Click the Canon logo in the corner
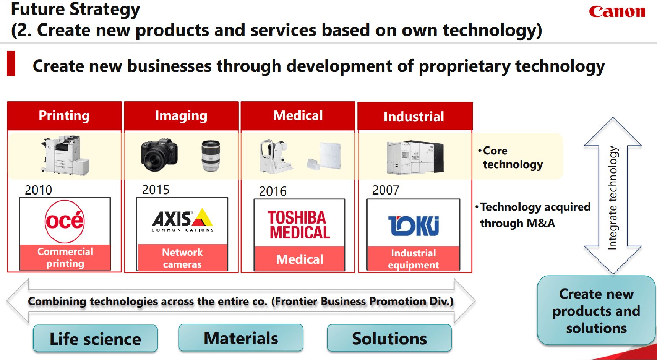pyautogui.click(x=617, y=11)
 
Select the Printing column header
pyautogui.click(x=64, y=115)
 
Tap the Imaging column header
pyautogui.click(x=181, y=115)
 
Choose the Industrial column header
pyautogui.click(x=414, y=116)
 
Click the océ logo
pyautogui.click(x=65, y=221)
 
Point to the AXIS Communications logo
pyautogui.click(x=182, y=220)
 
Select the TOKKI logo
pyautogui.click(x=414, y=225)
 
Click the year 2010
pyautogui.click(x=38, y=190)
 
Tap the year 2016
pyautogui.click(x=273, y=191)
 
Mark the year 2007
pyautogui.click(x=386, y=190)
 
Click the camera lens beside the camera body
pyautogui.click(x=211, y=156)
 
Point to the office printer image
pyautogui.click(x=65, y=155)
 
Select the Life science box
pyautogui.click(x=95, y=339)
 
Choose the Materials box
pyautogui.click(x=241, y=338)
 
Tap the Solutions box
pyautogui.click(x=389, y=338)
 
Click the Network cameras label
pyautogui.click(x=182, y=258)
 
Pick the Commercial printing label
pyautogui.click(x=65, y=257)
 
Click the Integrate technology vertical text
pyautogui.click(x=613, y=198)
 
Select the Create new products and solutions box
pyautogui.click(x=596, y=311)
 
